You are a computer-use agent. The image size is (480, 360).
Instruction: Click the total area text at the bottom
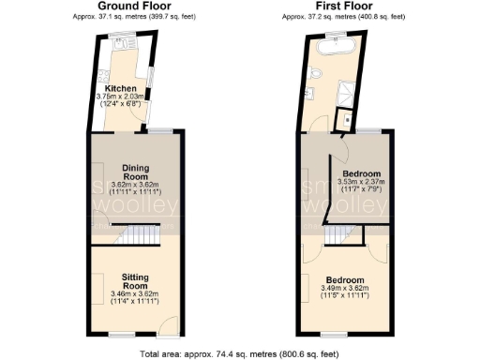click(x=239, y=353)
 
